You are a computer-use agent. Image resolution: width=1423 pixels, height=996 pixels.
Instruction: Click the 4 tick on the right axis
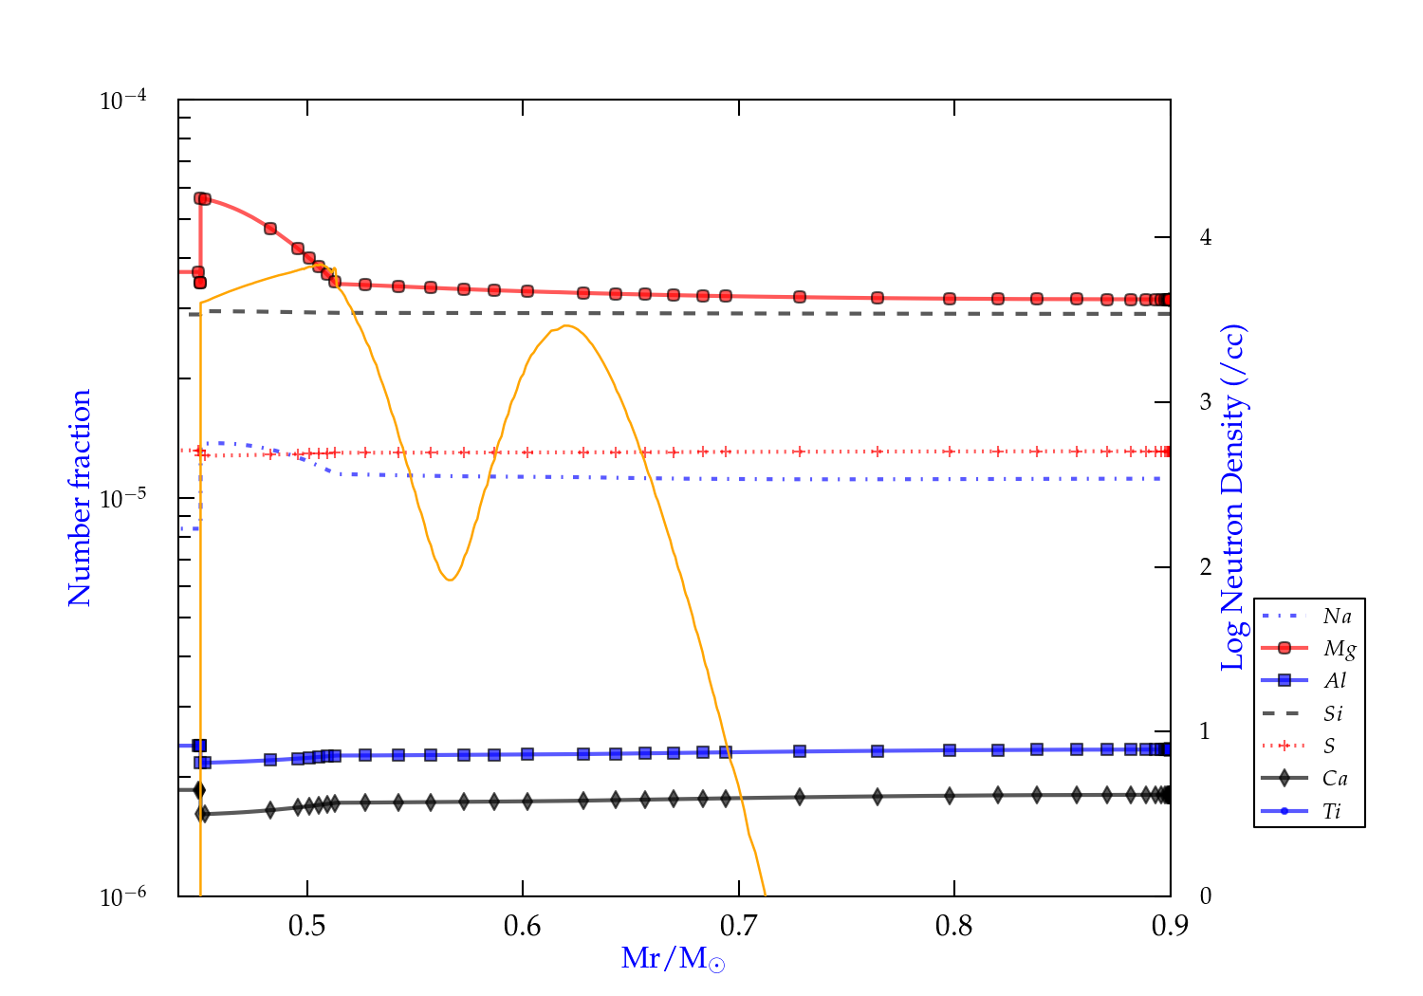click(x=1205, y=237)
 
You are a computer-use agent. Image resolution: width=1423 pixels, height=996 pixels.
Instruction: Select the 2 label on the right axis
click(x=1205, y=567)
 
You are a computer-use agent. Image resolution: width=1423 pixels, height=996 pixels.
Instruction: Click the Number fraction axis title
click(x=80, y=498)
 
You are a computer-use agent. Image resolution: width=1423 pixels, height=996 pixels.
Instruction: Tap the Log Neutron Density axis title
click(x=1233, y=498)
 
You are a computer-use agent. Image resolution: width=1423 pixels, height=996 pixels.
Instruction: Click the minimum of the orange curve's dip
click(x=450, y=580)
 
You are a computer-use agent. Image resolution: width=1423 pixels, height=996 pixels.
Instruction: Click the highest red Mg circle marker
click(x=200, y=198)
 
